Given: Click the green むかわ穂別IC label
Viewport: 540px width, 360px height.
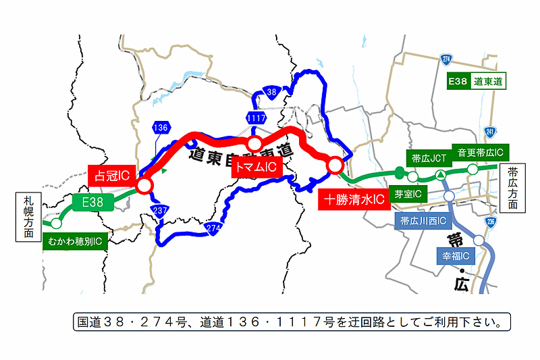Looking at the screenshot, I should click(x=75, y=240).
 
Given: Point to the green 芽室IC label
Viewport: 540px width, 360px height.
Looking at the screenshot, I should click(x=408, y=195).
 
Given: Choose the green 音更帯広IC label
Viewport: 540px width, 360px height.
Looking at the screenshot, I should click(x=481, y=152).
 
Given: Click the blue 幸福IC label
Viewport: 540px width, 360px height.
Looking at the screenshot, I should click(x=456, y=256).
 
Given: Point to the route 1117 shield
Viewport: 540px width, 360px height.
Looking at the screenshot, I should click(x=256, y=118).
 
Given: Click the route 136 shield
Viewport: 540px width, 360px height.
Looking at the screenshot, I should click(x=160, y=128).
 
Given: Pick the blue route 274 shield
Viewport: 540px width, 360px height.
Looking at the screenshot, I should click(x=213, y=228).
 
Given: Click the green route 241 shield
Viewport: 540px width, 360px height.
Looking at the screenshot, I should click(x=489, y=132).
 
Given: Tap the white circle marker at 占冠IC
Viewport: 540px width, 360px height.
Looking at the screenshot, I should click(x=144, y=184).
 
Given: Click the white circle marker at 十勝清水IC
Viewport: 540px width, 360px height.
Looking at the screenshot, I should click(x=335, y=164).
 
